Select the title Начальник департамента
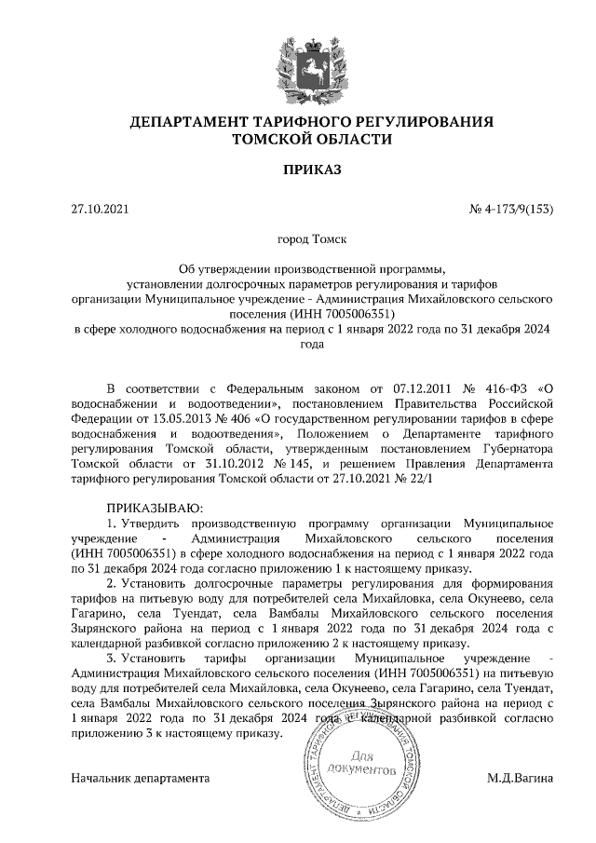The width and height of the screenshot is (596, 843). pos(140,777)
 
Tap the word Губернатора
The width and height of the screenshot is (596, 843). pos(517,447)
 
